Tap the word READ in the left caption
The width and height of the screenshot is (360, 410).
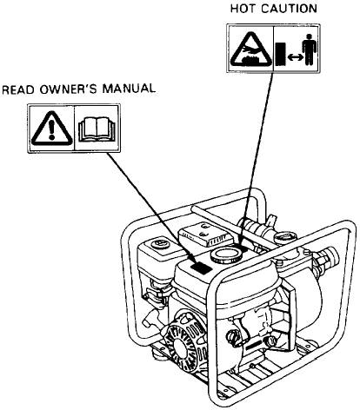click(18, 89)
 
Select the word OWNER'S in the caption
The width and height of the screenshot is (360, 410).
click(68, 89)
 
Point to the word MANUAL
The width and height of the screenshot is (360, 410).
click(129, 89)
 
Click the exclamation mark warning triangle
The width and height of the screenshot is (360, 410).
click(51, 129)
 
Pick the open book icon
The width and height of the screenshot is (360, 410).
click(97, 129)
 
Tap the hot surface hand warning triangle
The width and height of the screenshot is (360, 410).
click(251, 50)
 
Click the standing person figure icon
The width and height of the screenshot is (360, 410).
click(310, 50)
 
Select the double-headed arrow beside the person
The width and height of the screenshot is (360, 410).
click(295, 57)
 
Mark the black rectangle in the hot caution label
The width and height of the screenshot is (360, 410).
click(280, 54)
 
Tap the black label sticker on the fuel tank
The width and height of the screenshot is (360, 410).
click(201, 268)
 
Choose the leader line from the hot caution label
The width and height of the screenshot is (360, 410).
click(257, 159)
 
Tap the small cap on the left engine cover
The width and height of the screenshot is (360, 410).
click(160, 243)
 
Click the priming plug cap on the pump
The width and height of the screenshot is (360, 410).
click(285, 238)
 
